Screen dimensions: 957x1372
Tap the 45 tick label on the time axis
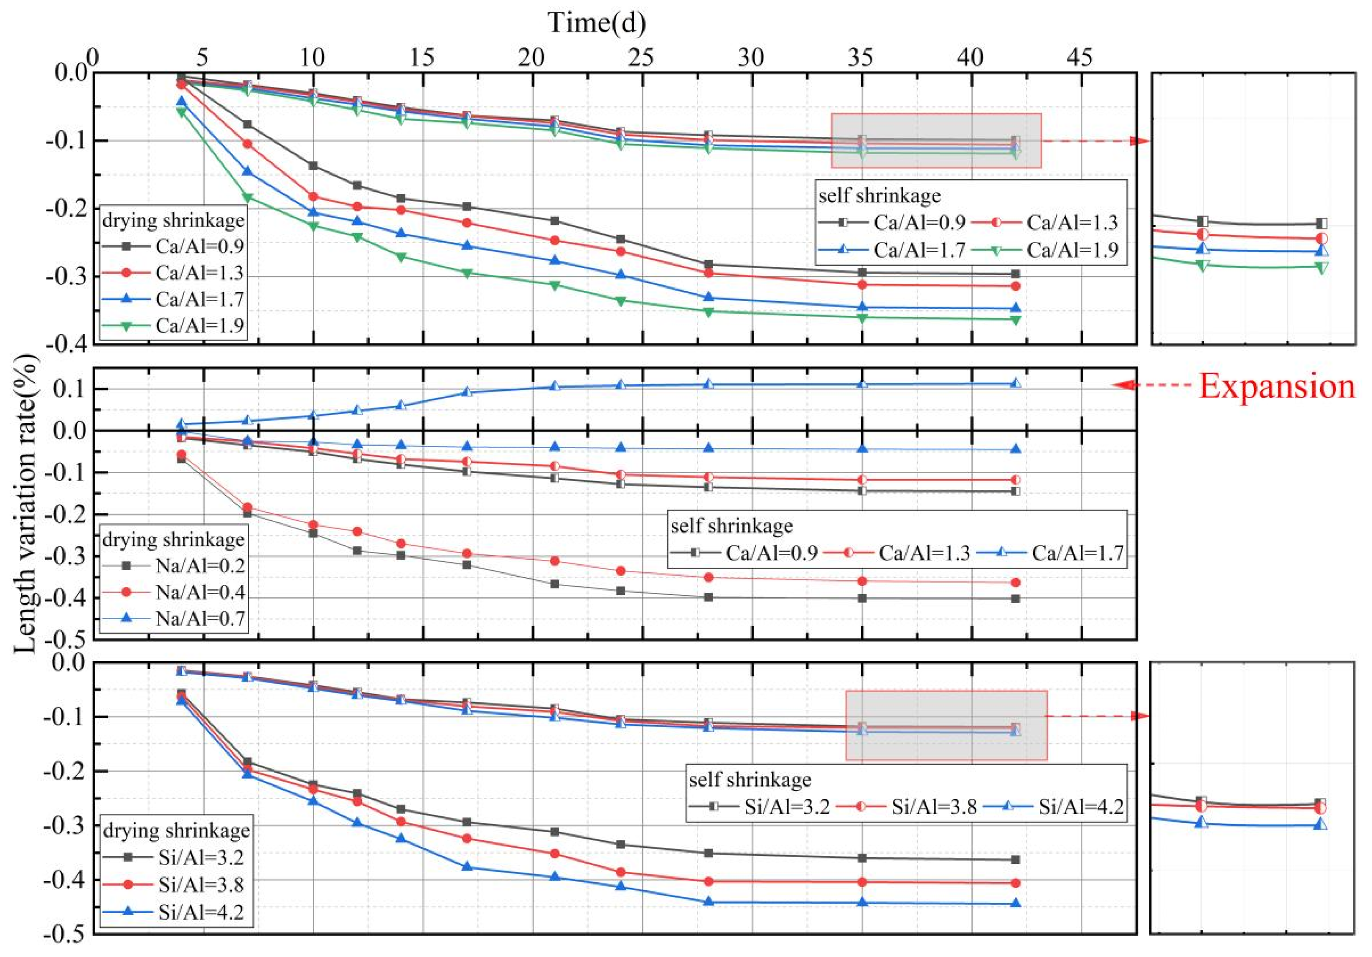tap(1080, 58)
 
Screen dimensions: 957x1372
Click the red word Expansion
tap(1276, 386)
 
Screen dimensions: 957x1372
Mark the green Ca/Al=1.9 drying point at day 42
tap(1015, 320)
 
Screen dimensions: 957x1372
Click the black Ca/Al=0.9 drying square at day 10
tap(313, 165)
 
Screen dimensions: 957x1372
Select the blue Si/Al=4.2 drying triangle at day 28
tap(708, 901)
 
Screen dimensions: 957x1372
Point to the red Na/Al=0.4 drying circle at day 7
tap(247, 507)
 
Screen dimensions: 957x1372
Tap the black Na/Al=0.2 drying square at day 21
tap(554, 584)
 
